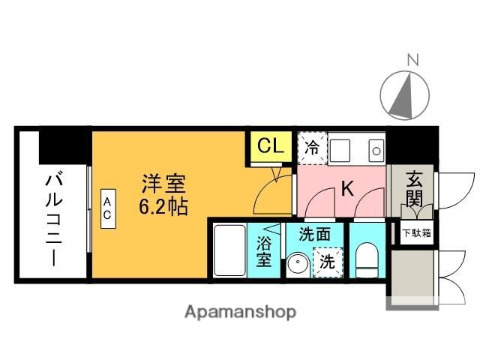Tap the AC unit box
pyautogui.click(x=108, y=208)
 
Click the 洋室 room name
pyautogui.click(x=163, y=182)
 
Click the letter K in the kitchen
pyautogui.click(x=347, y=189)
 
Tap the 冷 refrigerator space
pyautogui.click(x=311, y=147)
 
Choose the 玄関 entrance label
pyautogui.click(x=414, y=190)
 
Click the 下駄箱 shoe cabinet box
pyautogui.click(x=415, y=232)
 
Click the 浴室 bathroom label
pyautogui.click(x=264, y=252)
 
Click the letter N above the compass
pyautogui.click(x=412, y=59)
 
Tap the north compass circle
pyautogui.click(x=406, y=95)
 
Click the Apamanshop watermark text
pyautogui.click(x=240, y=311)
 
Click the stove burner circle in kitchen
pyautogui.click(x=374, y=148)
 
